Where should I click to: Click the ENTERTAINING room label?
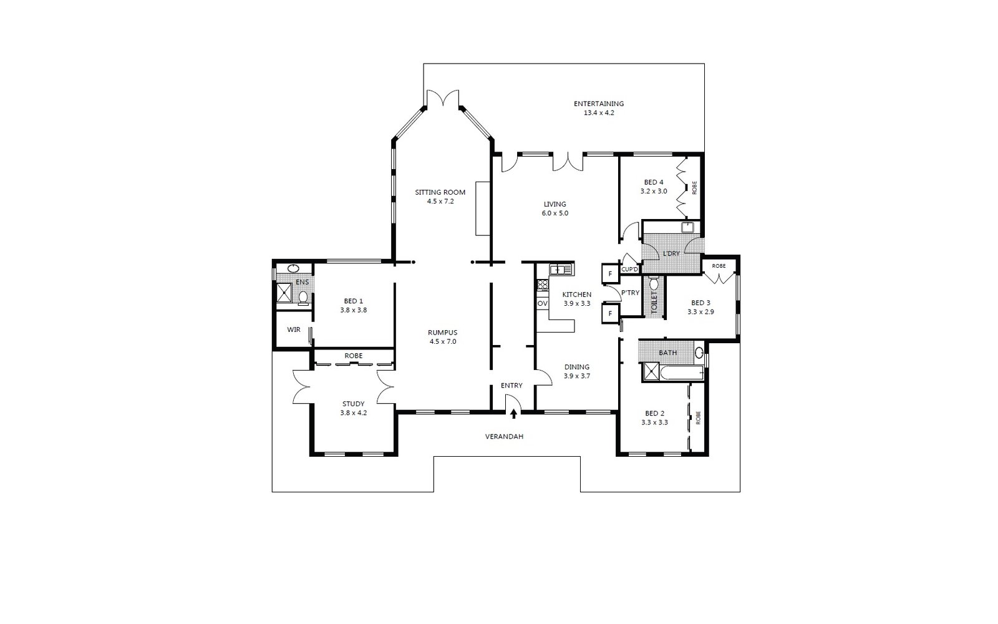599,104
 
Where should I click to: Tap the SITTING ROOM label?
440,193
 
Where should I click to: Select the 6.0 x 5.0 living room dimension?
555,213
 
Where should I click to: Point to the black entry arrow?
514,414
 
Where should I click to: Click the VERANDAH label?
505,437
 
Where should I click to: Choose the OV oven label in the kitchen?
542,303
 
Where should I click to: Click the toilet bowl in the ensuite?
303,298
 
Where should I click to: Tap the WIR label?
294,330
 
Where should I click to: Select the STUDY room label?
353,404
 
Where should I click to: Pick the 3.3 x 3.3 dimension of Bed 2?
655,422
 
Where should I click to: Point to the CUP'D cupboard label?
629,270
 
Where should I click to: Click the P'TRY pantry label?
631,293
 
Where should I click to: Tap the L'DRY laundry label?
671,253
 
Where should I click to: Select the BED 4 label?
654,182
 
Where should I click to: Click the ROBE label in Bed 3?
719,266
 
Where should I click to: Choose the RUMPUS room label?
442,333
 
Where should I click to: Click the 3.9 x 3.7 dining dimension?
577,376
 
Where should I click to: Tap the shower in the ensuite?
284,293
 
